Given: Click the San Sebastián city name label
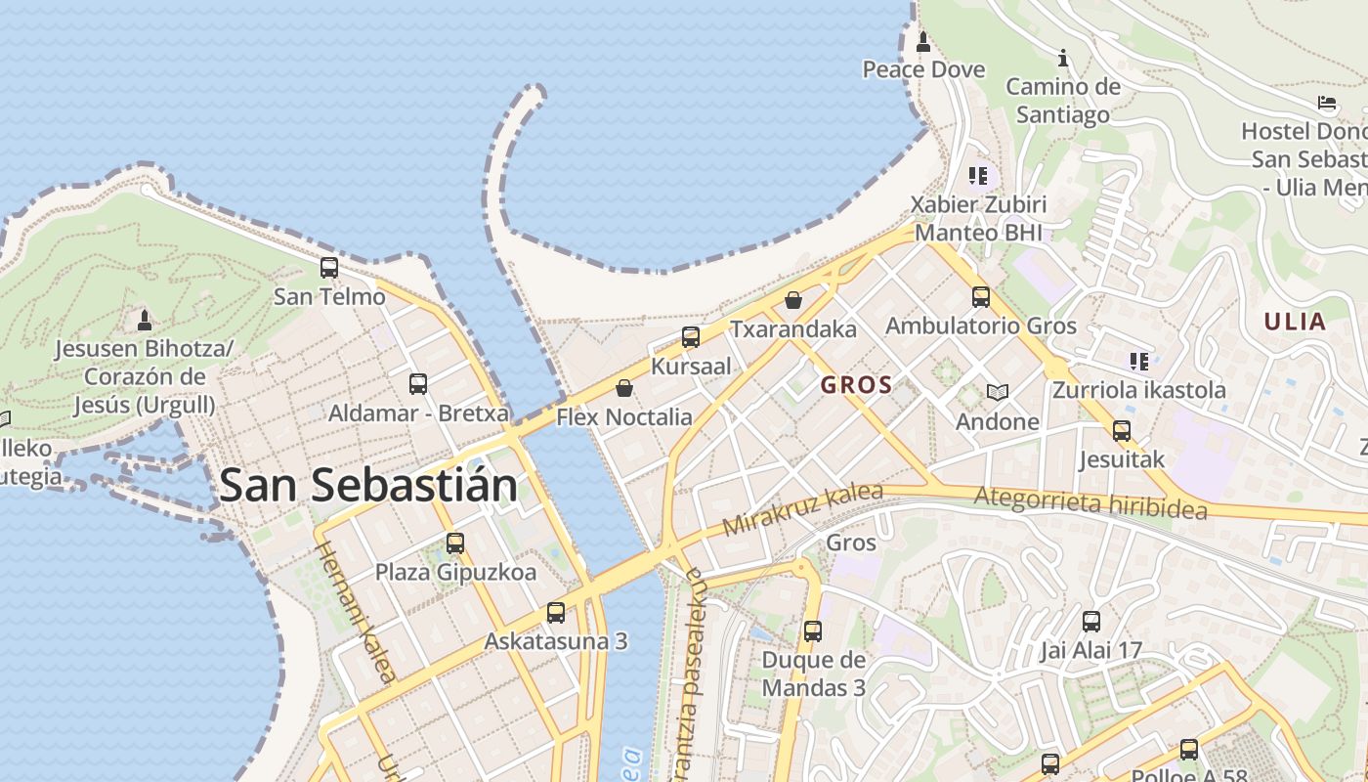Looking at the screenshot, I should tap(368, 485).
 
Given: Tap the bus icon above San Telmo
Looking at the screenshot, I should tap(329, 267).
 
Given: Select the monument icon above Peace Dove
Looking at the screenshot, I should tap(923, 42).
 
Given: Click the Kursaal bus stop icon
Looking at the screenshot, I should tap(691, 337).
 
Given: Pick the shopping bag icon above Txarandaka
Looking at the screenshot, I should tap(793, 300).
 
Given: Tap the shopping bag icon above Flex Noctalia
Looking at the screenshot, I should tap(624, 388).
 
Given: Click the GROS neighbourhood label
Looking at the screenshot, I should tap(857, 385).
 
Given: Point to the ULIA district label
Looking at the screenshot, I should tap(1295, 322).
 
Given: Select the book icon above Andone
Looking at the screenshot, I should tap(998, 393).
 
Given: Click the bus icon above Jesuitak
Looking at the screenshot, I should tap(1122, 430).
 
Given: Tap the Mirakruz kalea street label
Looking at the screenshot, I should tap(802, 509).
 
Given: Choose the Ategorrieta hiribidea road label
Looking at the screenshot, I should tap(1090, 504).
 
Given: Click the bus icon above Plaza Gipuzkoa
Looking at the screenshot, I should tap(455, 543).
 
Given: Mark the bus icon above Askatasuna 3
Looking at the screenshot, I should tap(556, 613).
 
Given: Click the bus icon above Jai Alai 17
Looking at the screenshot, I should tap(1091, 621).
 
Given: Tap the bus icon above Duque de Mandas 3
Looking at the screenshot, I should tap(813, 631).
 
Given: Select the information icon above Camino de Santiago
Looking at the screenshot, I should tap(1063, 59).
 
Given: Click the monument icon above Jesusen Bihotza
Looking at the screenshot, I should tap(145, 320).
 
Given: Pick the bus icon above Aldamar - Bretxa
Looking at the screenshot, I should tap(418, 384).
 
